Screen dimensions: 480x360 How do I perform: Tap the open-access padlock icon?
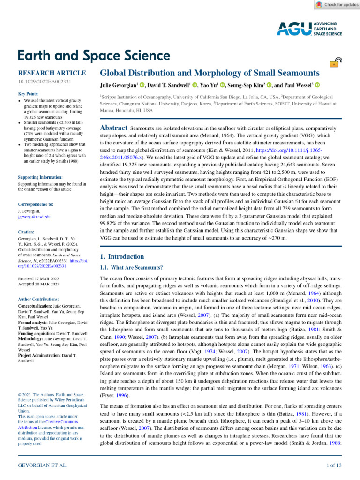point(336,63)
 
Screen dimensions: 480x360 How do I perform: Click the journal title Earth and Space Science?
point(94,56)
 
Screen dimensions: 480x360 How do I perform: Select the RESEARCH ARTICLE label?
point(52,73)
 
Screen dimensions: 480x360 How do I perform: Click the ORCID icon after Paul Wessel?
point(317,85)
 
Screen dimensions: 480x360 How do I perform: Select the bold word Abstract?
point(114,128)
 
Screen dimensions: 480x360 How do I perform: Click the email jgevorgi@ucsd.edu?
point(34,217)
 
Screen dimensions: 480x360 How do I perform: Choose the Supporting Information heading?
point(40,177)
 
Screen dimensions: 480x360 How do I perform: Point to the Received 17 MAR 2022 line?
point(38,278)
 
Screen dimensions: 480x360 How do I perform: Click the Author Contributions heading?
point(38,299)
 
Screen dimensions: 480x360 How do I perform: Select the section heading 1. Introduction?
point(122,256)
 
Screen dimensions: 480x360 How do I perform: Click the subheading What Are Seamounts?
point(132,268)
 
